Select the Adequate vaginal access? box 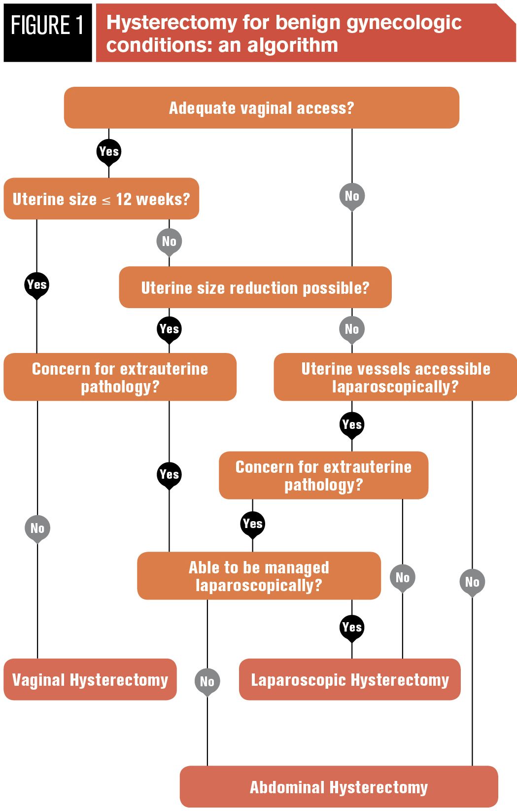261,108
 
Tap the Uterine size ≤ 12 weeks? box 101,199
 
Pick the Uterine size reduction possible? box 255,287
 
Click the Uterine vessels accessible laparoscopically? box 395,377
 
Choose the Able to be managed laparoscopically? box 259,576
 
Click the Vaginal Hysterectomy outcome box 90,680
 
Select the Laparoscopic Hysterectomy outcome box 349,680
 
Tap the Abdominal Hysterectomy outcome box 339,787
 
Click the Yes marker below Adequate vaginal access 109,151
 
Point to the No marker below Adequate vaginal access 352,196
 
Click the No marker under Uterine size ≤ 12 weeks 169,241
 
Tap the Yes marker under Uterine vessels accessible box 352,424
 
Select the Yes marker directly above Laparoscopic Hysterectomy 352,627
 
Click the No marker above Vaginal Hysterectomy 37,528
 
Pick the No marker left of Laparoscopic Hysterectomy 207,681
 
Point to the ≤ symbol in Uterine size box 106,201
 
